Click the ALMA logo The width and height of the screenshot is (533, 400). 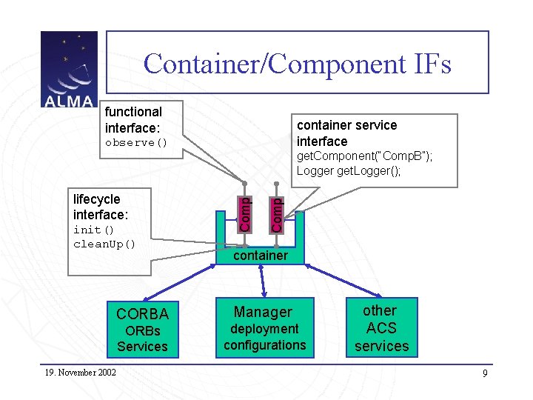pos(68,70)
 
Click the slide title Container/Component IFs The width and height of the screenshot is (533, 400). pos(297,64)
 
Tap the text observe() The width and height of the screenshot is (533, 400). pos(136,142)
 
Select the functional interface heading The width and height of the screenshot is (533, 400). pos(133,120)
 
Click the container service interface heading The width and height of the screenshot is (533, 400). pos(346,133)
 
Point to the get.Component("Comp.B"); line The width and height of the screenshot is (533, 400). pos(364,156)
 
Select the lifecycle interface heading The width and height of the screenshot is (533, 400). pos(101,207)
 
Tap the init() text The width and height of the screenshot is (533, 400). pos(89,230)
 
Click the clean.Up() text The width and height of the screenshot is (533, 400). pos(104,244)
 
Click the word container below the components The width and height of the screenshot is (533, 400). pos(261,256)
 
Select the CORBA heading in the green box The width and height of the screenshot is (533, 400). pos(142,313)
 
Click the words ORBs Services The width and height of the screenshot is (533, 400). pos(142,339)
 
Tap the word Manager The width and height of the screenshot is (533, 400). pos(264,312)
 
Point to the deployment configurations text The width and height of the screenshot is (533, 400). pos(264,337)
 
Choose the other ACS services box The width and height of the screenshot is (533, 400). pos(381,328)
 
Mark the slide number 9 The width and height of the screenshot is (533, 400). pos(485,373)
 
